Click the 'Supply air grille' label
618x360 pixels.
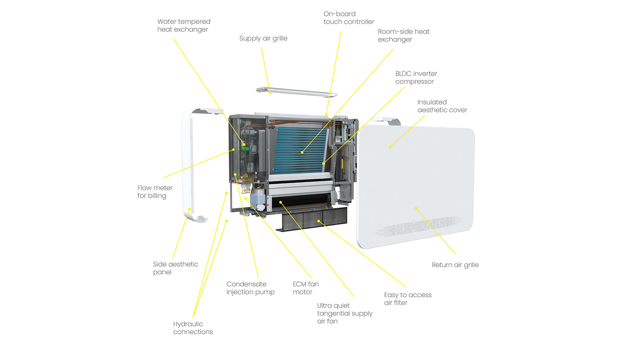263,39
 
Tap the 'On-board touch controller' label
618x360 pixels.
348,18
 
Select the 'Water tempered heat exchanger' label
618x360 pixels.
183,26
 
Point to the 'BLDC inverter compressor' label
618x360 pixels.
416,78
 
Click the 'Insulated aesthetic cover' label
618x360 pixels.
442,106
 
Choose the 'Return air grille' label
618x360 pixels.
455,265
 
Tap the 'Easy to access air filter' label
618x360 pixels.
408,299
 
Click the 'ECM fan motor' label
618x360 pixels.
305,288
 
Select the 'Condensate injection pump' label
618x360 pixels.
250,288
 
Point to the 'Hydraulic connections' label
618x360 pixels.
193,328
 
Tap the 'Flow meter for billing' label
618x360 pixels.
155,192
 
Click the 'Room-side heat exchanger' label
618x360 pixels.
403,35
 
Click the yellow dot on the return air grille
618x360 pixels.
415,208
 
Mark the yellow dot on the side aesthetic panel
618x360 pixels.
190,210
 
